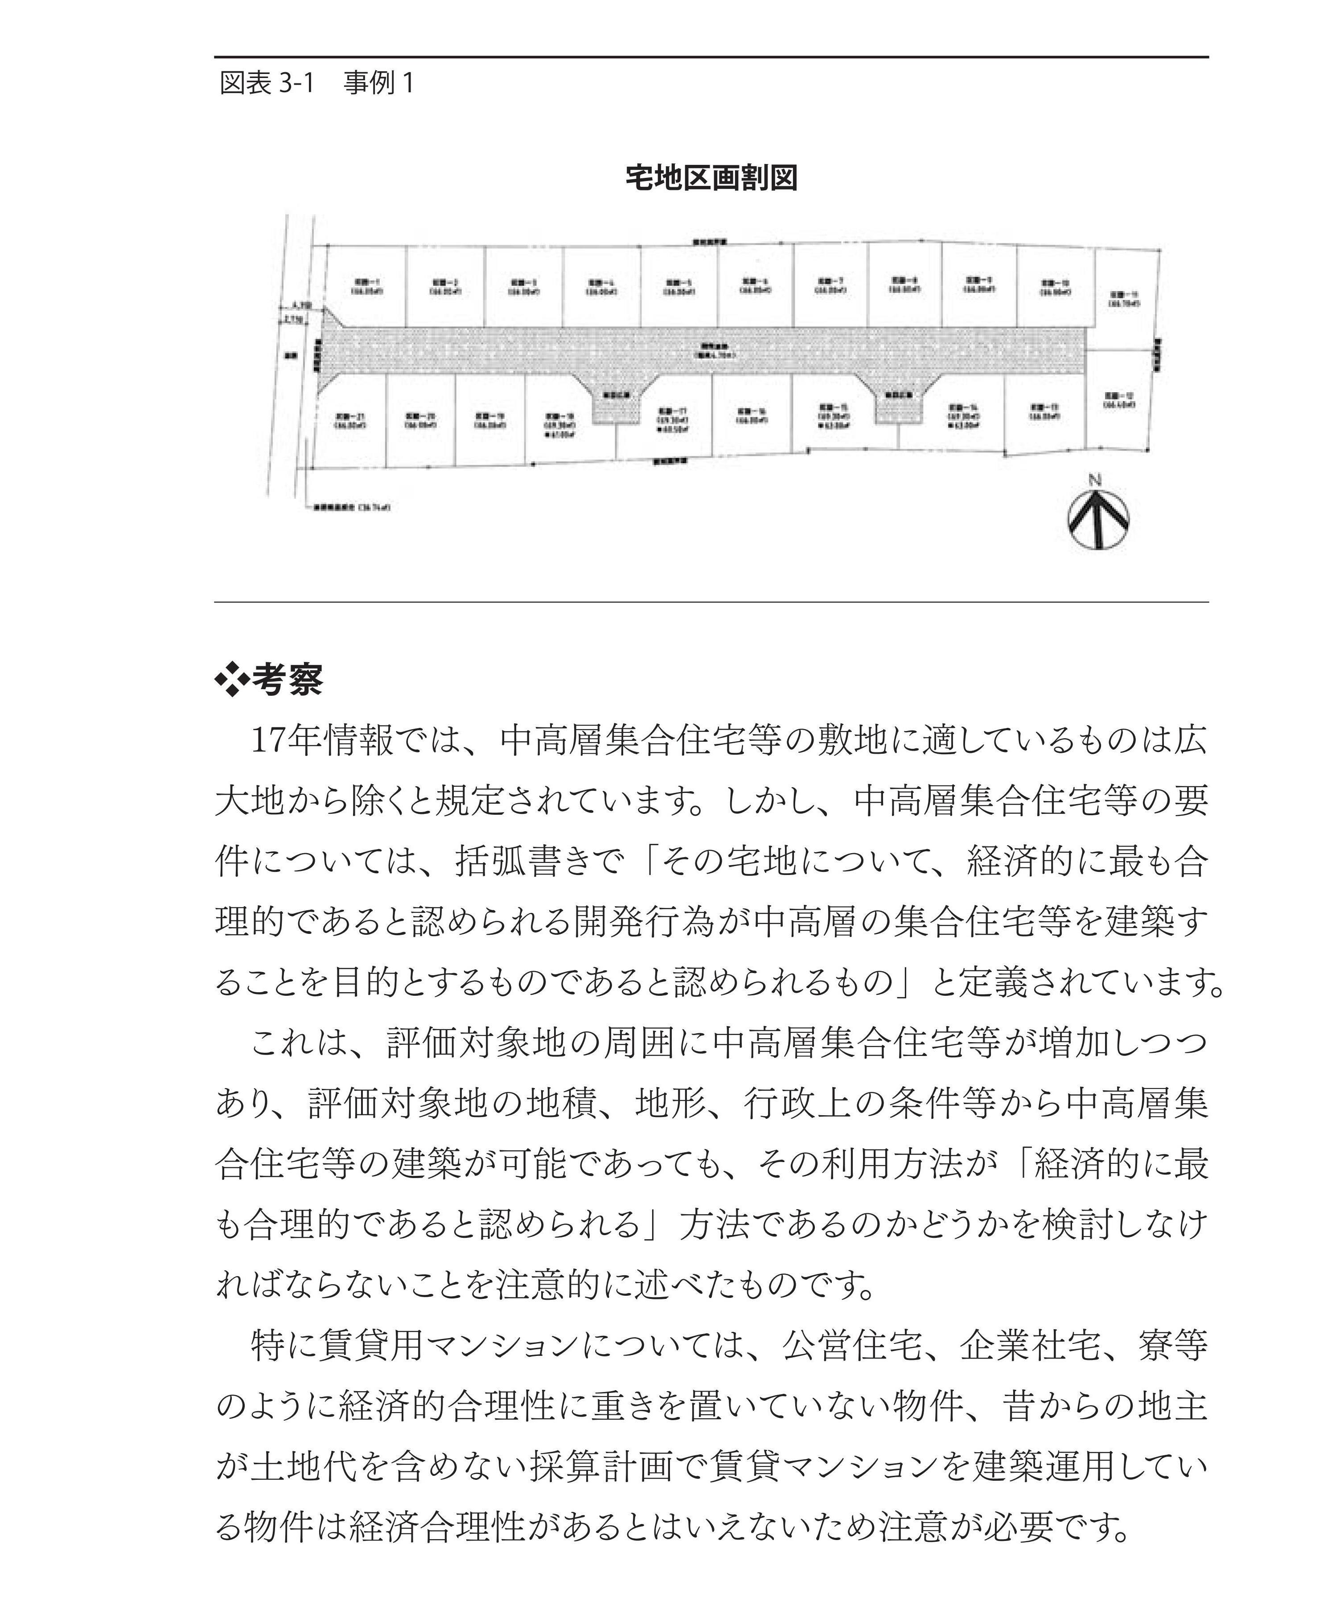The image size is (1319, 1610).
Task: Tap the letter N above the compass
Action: (x=1095, y=480)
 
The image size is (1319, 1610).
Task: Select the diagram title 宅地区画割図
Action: (x=711, y=178)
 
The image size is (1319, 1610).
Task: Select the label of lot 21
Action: (x=350, y=420)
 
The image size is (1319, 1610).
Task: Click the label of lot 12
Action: (x=1119, y=400)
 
